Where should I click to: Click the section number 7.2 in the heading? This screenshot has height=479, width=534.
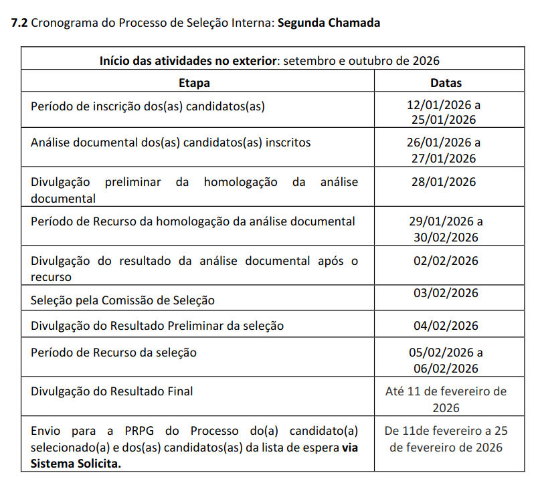click(x=20, y=23)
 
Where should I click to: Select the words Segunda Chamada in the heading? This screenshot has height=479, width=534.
click(x=329, y=23)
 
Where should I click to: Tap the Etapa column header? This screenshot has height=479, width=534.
click(x=194, y=83)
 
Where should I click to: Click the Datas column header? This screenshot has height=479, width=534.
click(x=446, y=83)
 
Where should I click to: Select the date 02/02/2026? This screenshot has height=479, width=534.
click(x=446, y=261)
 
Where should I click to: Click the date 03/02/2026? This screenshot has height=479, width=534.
click(x=446, y=293)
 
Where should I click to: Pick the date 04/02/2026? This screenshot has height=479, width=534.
click(x=446, y=326)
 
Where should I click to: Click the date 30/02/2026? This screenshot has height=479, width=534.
click(x=446, y=237)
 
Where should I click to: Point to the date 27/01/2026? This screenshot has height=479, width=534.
click(x=446, y=159)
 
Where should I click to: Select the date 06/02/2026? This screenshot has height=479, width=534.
click(x=446, y=369)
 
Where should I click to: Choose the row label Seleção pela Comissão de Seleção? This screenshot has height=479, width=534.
click(x=122, y=300)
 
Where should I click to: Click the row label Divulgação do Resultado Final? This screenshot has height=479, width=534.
click(x=112, y=391)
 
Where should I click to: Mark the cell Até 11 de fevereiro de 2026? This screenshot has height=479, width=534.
click(x=446, y=399)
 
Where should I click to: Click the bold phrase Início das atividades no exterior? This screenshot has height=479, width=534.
click(x=188, y=61)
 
